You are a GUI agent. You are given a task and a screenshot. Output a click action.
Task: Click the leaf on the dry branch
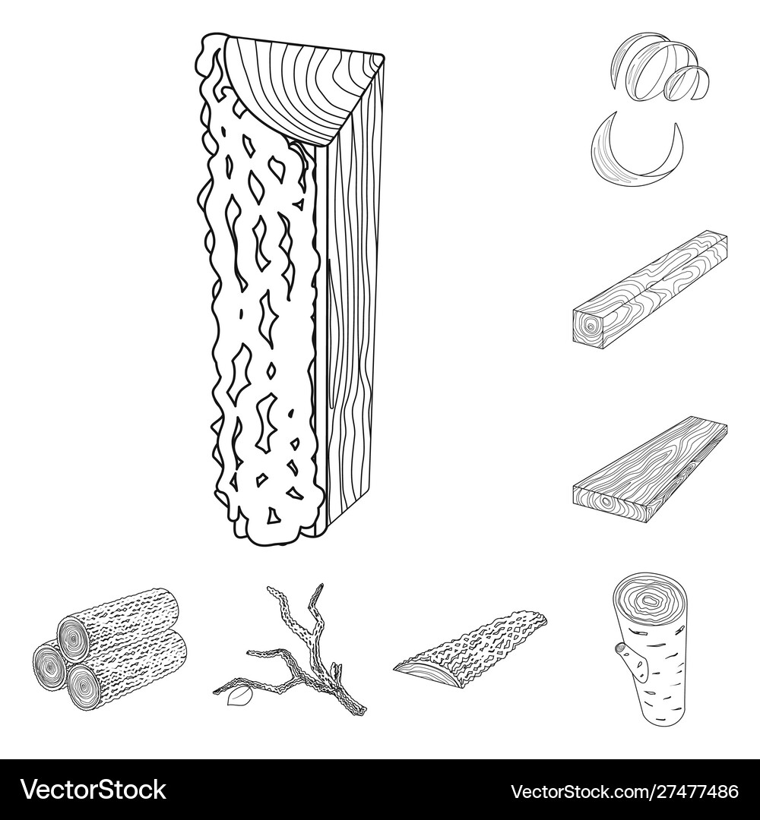238,695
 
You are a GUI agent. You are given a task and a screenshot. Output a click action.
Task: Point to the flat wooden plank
650,468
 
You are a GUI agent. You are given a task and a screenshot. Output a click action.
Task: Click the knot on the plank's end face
607,502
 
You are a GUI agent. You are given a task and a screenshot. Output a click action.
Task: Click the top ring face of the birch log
648,602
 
